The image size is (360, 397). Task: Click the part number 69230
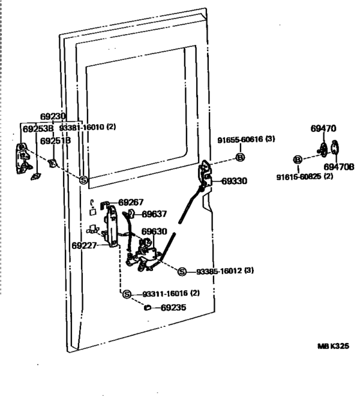point(53,116)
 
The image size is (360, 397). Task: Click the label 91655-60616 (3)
point(246,139)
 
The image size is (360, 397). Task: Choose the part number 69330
point(234,181)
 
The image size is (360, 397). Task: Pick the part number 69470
point(323,128)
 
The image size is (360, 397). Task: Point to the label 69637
point(154,214)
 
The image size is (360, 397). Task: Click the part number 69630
point(154,232)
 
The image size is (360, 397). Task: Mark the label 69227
point(85,245)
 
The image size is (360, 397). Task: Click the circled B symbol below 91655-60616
point(239,158)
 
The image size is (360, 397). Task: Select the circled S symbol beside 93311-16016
point(127,294)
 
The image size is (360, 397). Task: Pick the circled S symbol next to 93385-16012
point(181,271)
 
